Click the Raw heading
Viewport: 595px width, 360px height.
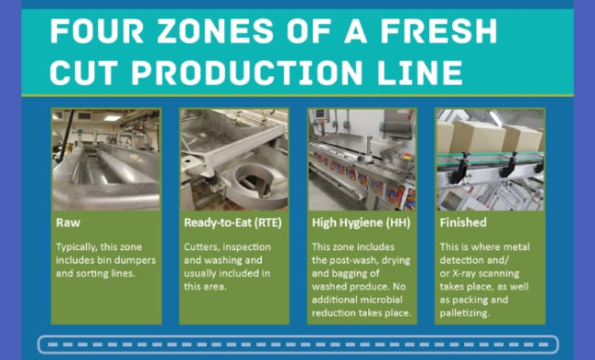(67, 222)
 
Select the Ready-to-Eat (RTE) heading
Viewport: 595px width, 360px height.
(230, 222)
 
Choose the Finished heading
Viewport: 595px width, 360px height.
(463, 222)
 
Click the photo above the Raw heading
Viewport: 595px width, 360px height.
(106, 158)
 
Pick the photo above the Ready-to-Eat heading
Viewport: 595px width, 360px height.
(233, 158)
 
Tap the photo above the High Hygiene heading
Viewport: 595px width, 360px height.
(362, 158)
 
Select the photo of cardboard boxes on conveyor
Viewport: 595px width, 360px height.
(490, 158)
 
